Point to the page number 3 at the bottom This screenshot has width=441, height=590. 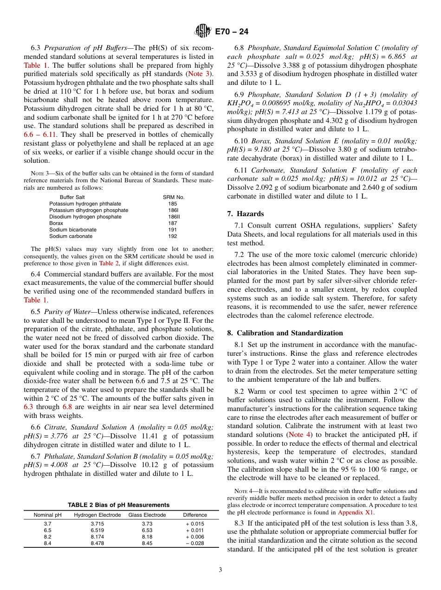point(220,569)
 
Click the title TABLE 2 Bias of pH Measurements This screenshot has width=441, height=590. point(118,505)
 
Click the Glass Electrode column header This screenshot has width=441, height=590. point(147,515)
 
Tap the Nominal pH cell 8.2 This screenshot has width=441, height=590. point(47,537)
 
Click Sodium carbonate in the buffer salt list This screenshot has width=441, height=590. point(71,236)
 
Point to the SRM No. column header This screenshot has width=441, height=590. point(174,197)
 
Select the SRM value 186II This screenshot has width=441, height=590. point(174,217)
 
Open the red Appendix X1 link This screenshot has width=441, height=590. point(356,513)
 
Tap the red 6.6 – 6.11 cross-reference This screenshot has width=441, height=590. point(41,135)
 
